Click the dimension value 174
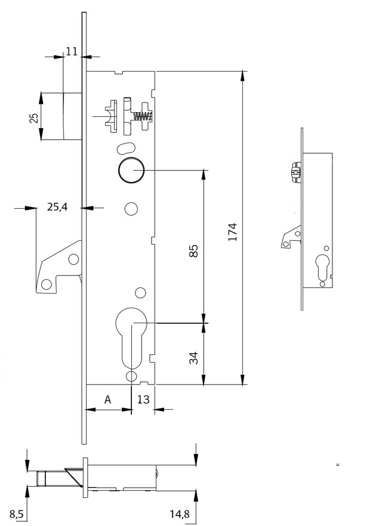coord(233,231)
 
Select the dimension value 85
coord(194,251)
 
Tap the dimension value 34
coord(194,358)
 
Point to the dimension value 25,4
coord(57,207)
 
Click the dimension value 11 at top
coord(71,52)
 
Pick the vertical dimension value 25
coord(35,118)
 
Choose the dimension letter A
coord(107,400)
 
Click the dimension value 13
coord(143,400)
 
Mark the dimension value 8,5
coord(16,514)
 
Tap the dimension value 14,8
coord(179,514)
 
